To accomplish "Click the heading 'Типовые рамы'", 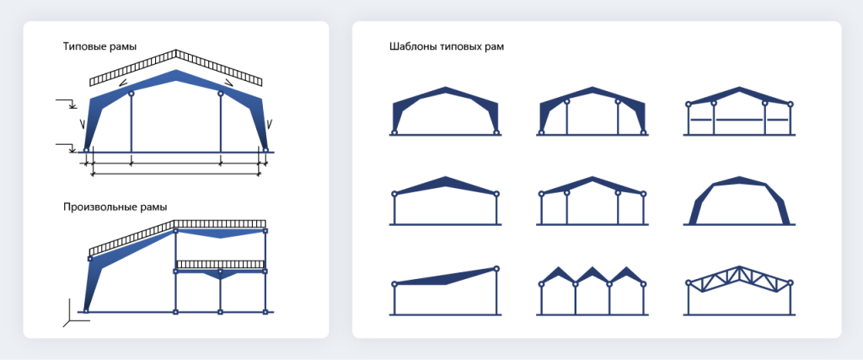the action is coord(99,46).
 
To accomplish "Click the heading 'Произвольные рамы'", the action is coord(115,207).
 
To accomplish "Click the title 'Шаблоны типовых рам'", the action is coord(447,46).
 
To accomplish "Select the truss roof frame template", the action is coord(739,291).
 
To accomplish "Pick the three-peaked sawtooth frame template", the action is coord(592,291).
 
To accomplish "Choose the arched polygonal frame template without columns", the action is coord(739,201).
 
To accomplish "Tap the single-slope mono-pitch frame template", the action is coord(445,291).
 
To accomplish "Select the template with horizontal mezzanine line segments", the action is coord(739,110).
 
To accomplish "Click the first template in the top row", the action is coord(445,110).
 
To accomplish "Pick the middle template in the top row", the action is coord(592,110).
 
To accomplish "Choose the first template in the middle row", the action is coord(445,201).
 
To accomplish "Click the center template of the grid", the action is coord(592,201).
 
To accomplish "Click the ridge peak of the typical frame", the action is coord(175,71).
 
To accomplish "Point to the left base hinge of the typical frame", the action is coord(87,149).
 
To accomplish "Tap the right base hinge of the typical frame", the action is coord(265,149).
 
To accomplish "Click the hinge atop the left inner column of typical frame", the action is coord(131,94).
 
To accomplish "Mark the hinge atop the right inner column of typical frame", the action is coord(220,94).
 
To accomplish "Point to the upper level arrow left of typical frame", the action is coord(66,102).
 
